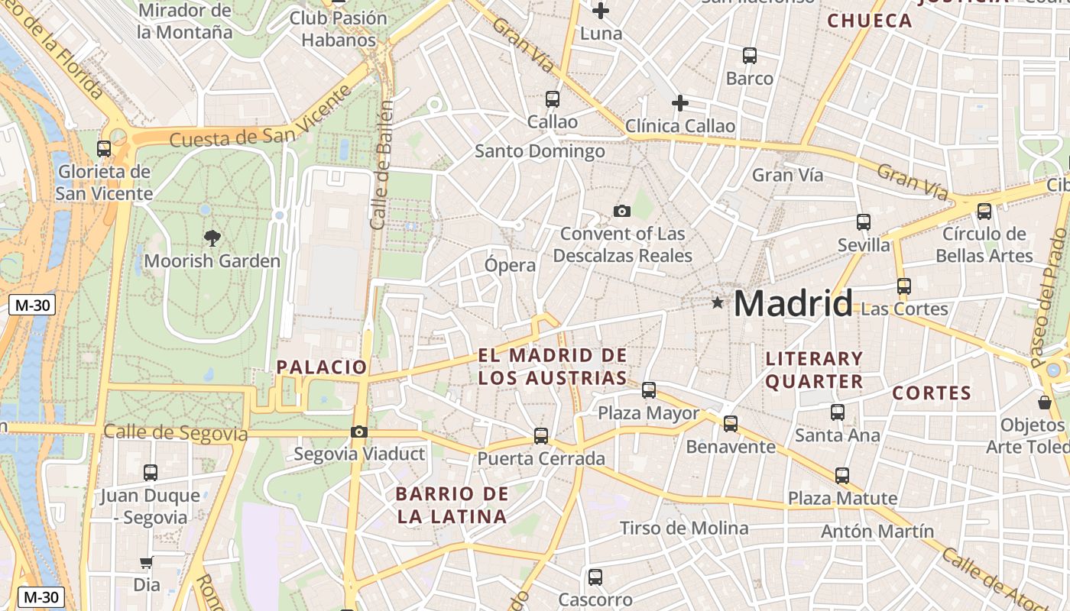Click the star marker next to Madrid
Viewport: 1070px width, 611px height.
click(717, 303)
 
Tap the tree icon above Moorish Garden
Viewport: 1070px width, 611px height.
click(212, 238)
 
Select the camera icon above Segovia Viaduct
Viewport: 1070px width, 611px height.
click(358, 432)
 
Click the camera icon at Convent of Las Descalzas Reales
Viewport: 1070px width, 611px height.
click(622, 211)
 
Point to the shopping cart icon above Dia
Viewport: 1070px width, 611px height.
click(146, 563)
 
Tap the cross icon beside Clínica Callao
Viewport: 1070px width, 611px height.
click(679, 103)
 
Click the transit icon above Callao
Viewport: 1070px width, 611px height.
click(552, 99)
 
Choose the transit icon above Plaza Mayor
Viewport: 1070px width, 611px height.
click(649, 390)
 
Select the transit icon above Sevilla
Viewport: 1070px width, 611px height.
click(864, 222)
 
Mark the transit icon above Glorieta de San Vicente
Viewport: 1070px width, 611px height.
click(104, 149)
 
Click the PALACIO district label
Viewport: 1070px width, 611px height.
click(322, 367)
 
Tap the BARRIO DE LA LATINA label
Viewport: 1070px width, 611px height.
click(452, 505)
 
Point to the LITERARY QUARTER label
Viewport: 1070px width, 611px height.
click(814, 370)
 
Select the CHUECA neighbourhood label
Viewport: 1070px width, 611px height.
click(870, 21)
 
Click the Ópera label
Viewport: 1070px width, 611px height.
click(511, 266)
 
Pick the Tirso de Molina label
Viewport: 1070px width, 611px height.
click(684, 528)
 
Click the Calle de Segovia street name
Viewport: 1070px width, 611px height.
click(175, 433)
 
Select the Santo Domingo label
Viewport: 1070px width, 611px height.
click(540, 151)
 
